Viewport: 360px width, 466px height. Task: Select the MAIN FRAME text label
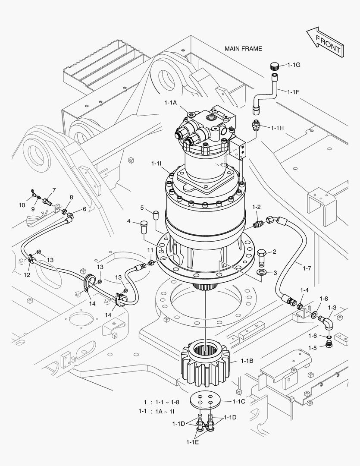[x=243, y=49]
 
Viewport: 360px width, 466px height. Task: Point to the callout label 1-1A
[x=171, y=102]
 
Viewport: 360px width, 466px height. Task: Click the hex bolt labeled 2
[x=261, y=258]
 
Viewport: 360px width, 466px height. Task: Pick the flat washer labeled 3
[x=261, y=273]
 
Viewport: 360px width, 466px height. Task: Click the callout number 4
[x=128, y=221]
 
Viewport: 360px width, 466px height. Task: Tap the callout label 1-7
[x=307, y=268]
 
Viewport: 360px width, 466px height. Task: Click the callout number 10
[x=22, y=205]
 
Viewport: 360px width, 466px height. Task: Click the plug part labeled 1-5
[x=329, y=345]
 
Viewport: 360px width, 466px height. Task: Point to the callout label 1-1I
[x=157, y=164]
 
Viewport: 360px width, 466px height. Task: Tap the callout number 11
[x=150, y=250]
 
